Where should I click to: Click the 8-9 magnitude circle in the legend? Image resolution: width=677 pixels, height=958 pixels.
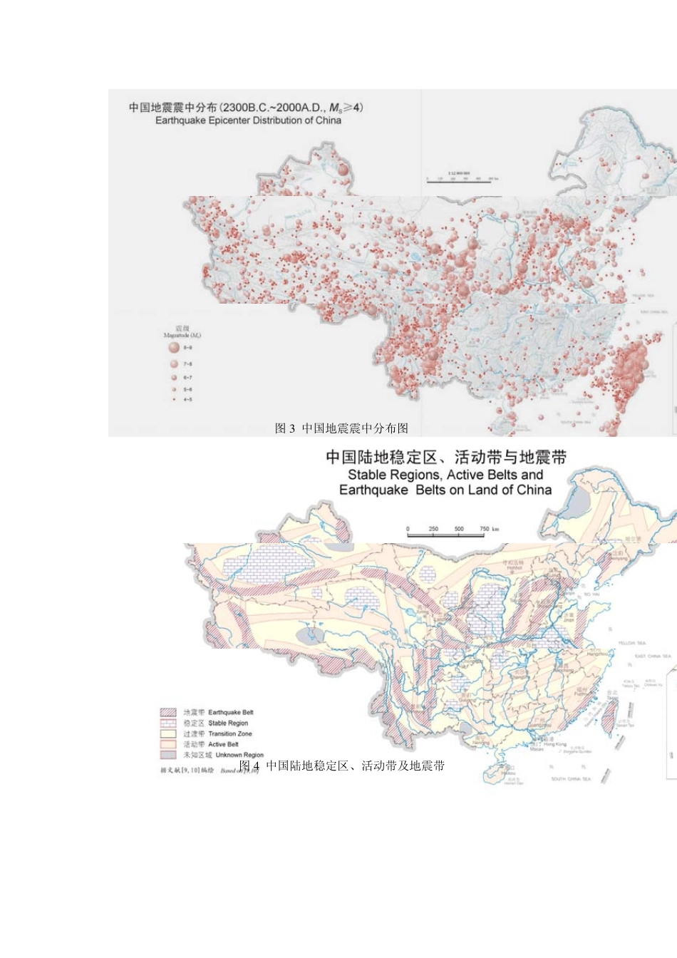[173, 348]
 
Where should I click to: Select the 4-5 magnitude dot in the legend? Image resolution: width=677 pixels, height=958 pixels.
[173, 399]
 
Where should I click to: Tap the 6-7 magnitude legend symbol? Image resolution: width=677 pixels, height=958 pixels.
[173, 377]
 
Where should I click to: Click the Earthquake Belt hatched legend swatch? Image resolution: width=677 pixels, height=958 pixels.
[168, 712]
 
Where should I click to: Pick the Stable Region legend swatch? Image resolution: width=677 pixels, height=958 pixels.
[168, 723]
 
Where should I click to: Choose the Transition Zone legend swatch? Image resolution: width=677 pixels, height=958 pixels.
[168, 733]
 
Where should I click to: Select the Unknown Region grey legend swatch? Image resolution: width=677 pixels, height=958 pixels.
[168, 755]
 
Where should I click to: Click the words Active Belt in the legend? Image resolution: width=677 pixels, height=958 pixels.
[223, 744]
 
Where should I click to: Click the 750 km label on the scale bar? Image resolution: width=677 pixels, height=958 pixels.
[489, 529]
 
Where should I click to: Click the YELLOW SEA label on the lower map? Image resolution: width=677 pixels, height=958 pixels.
[631, 643]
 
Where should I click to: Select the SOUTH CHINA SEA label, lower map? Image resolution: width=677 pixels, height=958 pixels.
[571, 779]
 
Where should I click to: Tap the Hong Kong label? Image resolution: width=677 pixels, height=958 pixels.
[555, 744]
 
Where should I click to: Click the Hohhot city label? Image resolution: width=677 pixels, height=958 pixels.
[515, 568]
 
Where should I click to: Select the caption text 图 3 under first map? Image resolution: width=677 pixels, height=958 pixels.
[285, 428]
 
